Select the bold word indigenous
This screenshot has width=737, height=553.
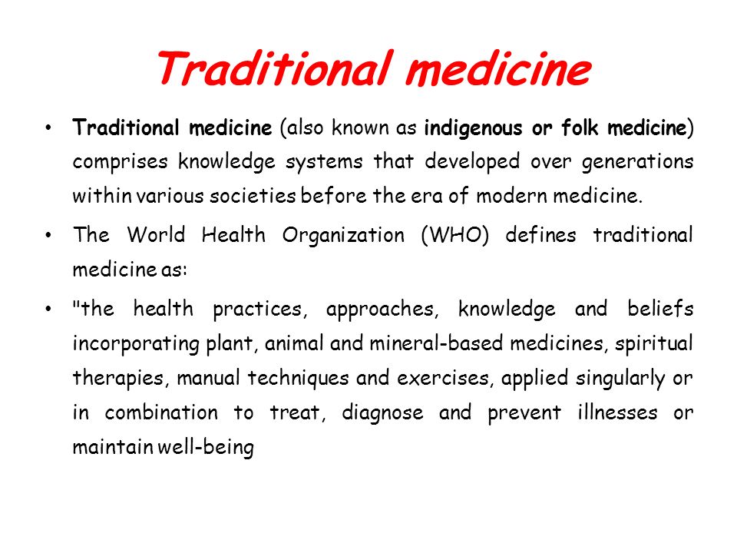[473, 128]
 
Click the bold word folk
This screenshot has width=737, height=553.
[580, 127]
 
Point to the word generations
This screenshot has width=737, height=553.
[637, 162]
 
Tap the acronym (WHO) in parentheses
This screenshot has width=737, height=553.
[455, 235]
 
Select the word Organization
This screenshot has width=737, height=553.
[343, 236]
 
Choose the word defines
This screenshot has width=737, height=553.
[540, 235]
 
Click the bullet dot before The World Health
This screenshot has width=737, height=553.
[48, 235]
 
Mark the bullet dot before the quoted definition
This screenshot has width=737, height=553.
[48, 309]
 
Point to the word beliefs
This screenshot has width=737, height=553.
[660, 309]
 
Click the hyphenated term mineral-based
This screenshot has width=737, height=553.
[436, 343]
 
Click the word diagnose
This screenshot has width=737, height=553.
[382, 413]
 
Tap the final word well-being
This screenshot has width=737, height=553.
[206, 447]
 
